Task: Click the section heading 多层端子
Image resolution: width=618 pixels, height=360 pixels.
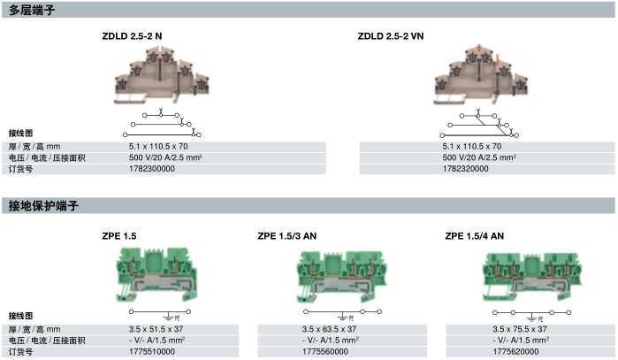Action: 32,10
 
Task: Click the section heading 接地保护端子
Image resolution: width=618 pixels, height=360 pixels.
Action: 43,205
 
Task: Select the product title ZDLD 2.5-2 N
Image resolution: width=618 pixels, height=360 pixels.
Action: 132,36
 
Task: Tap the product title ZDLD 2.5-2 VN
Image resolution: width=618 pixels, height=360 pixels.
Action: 391,36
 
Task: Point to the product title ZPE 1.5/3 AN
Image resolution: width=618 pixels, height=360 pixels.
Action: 287,236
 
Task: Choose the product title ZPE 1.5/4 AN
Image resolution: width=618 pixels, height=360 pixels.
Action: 475,236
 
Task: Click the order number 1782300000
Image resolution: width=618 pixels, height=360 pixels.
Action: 152,169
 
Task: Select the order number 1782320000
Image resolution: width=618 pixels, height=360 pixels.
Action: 465,169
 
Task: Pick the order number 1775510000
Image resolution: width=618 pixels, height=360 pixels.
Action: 152,351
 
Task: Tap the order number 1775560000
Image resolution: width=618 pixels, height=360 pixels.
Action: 325,351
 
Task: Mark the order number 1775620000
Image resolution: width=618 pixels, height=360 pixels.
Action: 515,351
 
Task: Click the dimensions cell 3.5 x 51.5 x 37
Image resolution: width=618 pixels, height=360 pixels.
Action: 156,329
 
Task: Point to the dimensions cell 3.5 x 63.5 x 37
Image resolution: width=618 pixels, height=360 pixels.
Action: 330,329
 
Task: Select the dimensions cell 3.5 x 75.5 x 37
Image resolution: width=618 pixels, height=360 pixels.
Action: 520,329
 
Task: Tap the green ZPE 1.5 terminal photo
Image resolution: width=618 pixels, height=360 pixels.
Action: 156,275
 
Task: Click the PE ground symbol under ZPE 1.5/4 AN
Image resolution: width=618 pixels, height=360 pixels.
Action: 535,318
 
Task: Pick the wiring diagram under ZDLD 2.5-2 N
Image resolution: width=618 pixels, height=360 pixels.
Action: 162,123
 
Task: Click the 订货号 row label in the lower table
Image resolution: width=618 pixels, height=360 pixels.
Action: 20,351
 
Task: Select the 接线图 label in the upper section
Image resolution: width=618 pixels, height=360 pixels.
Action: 20,134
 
